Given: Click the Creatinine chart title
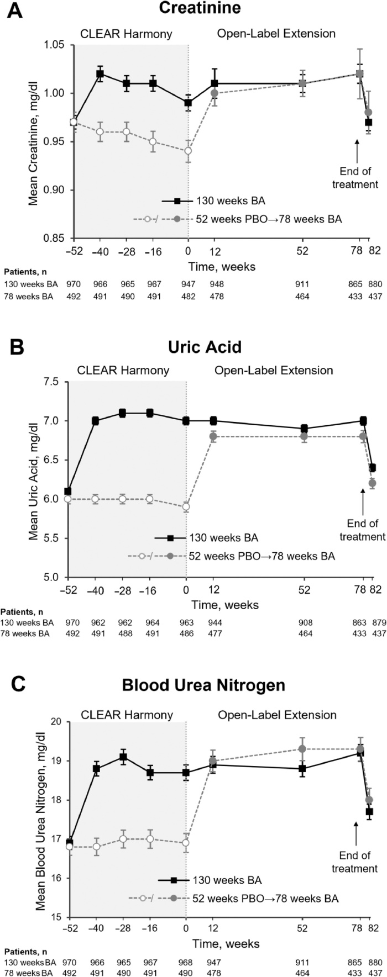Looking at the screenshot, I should [x=193, y=9].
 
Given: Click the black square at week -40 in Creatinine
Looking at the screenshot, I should [x=100, y=73].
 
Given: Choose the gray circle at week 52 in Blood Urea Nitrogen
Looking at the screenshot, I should [x=302, y=749].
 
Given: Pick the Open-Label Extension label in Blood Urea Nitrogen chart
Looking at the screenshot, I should [x=277, y=715].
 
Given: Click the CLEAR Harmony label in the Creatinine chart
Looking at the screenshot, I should [x=127, y=34].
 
